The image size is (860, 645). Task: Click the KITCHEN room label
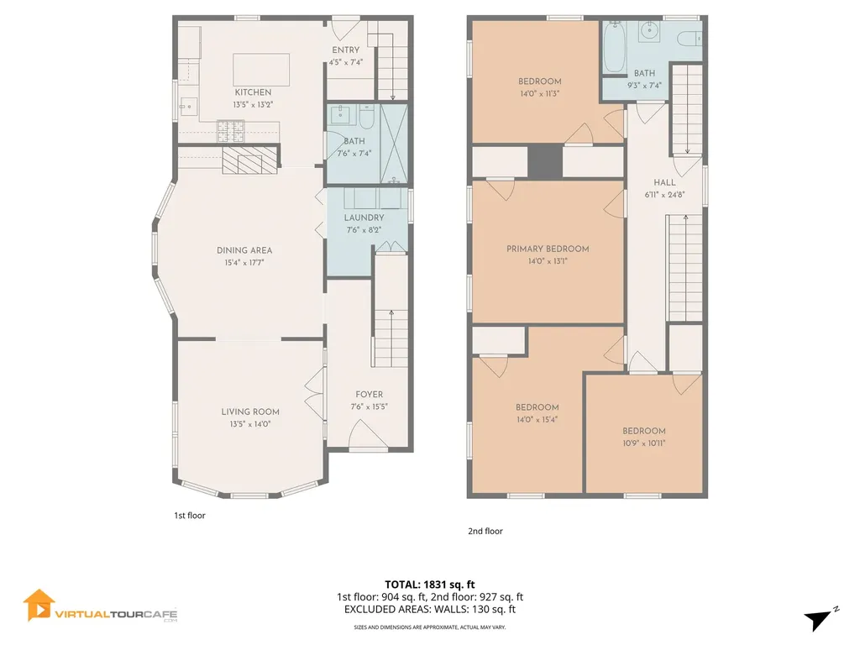point(253,92)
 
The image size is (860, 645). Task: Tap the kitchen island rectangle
point(261,66)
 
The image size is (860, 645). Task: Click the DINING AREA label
point(244,250)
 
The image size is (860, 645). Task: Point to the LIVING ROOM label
point(250,412)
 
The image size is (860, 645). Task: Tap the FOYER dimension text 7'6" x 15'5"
point(369,406)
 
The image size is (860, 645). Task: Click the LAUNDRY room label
point(364,218)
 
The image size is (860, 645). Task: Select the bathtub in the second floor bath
point(613,47)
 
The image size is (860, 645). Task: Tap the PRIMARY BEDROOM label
point(548,249)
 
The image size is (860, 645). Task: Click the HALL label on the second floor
point(664,182)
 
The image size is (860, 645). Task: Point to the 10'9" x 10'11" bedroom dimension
point(644,443)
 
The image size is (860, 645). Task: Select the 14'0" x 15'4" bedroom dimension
point(537,419)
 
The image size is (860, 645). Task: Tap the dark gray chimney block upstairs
point(544,161)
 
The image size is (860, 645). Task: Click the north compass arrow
point(820,619)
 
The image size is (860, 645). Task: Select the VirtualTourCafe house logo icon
point(39,605)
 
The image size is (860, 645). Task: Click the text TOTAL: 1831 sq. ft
point(429,584)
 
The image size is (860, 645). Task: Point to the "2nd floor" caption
point(485,531)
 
